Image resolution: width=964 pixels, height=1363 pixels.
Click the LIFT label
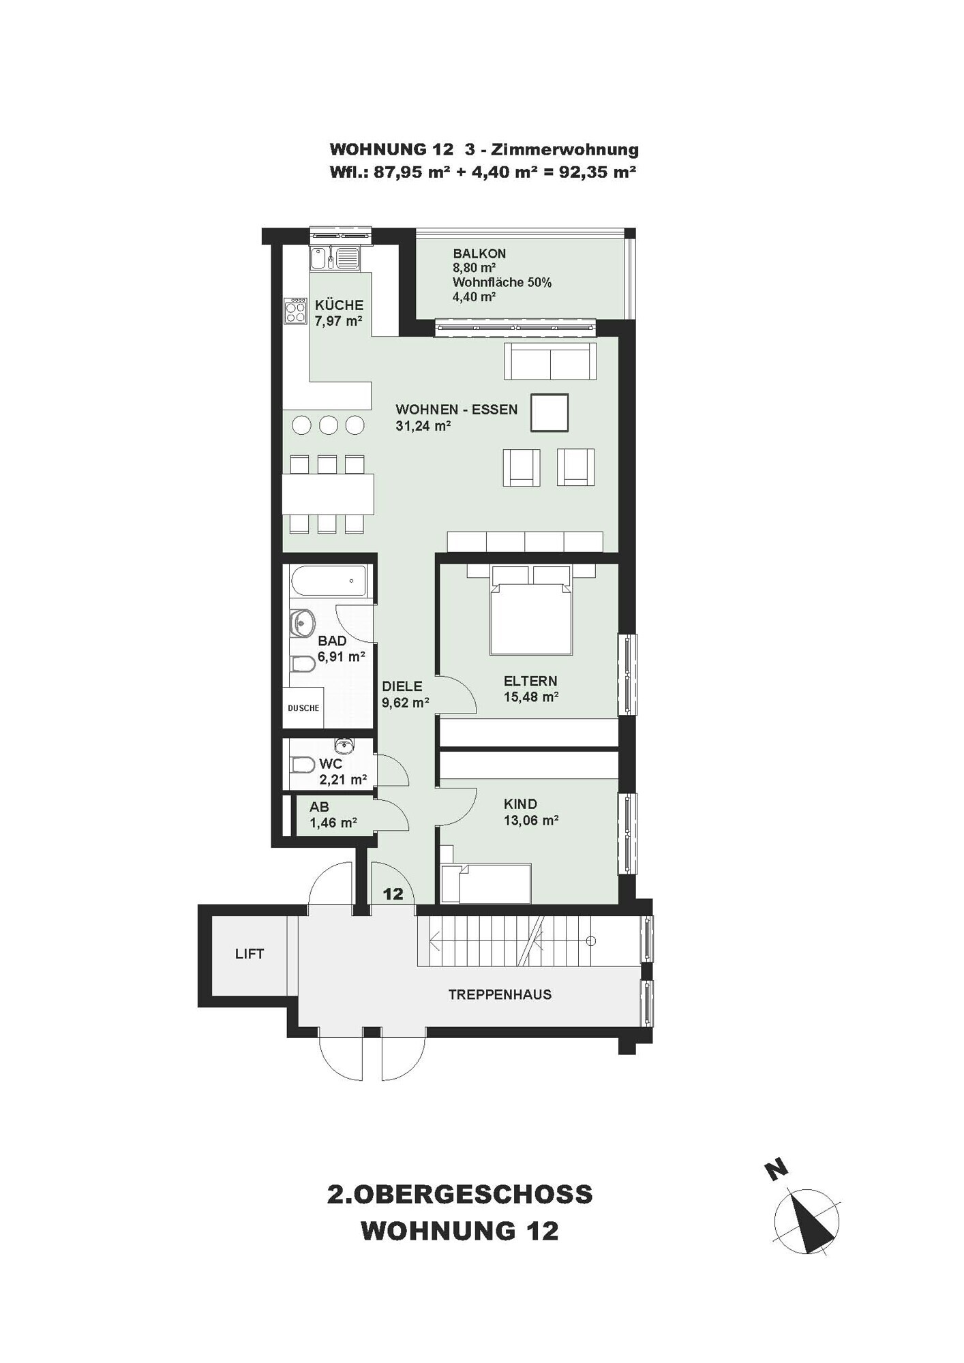pos(249,954)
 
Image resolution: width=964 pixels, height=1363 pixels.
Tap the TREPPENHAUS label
pos(500,994)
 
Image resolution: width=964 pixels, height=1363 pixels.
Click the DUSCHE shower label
pos(303,708)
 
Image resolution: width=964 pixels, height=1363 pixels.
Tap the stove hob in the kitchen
pos(296,311)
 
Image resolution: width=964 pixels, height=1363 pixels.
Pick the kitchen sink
pos(336,258)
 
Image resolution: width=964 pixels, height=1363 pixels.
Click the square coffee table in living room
pos(549,413)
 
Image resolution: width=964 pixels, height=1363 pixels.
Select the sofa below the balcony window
pos(550,361)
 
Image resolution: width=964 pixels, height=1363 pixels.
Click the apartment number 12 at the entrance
pos(393,893)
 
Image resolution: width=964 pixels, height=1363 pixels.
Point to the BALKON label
pos(479,254)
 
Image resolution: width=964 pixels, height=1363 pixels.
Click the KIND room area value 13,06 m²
pos(531,821)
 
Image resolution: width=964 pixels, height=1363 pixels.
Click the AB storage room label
pos(319,807)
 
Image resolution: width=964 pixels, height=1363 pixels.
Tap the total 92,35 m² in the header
pos(597,172)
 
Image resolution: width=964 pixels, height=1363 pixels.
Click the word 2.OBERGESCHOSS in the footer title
pos(460,1195)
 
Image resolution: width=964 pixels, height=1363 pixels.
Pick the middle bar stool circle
pos(329,425)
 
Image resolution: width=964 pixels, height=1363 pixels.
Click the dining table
pos(328,494)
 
